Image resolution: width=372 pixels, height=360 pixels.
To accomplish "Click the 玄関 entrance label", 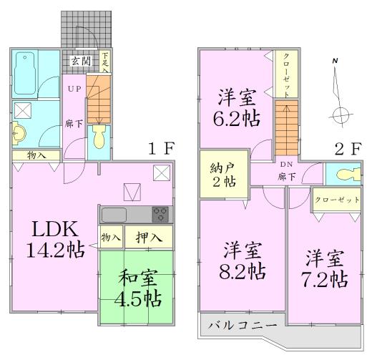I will pos(80,60).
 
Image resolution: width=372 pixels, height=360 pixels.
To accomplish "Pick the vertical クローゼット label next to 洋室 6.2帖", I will pos(285,75).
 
